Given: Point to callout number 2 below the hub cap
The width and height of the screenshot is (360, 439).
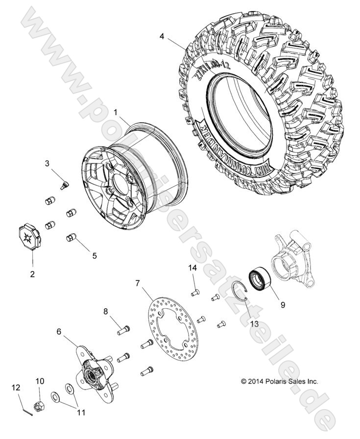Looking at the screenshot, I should pos(32,274).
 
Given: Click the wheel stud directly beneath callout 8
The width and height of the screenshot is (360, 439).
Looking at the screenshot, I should pos(123,330).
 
